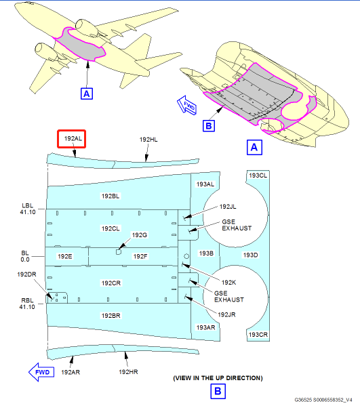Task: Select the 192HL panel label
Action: (x=148, y=140)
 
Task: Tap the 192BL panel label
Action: (x=111, y=196)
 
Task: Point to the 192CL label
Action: (x=111, y=228)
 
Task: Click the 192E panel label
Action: (x=65, y=256)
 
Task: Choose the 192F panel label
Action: (x=140, y=256)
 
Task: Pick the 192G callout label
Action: (x=140, y=235)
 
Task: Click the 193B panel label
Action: (x=206, y=253)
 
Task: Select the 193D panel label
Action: (x=251, y=255)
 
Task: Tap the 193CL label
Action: (x=258, y=176)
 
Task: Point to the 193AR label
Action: (x=206, y=327)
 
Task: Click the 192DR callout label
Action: (x=26, y=274)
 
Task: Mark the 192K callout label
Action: (x=228, y=283)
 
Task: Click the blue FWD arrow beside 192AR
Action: (x=41, y=372)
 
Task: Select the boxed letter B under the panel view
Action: (x=218, y=391)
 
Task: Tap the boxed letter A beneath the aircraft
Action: (x=87, y=94)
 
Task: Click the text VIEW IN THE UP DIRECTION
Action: (x=218, y=378)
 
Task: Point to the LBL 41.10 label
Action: (x=28, y=209)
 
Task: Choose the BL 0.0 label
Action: (x=25, y=256)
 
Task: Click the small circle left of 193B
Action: (x=186, y=256)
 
